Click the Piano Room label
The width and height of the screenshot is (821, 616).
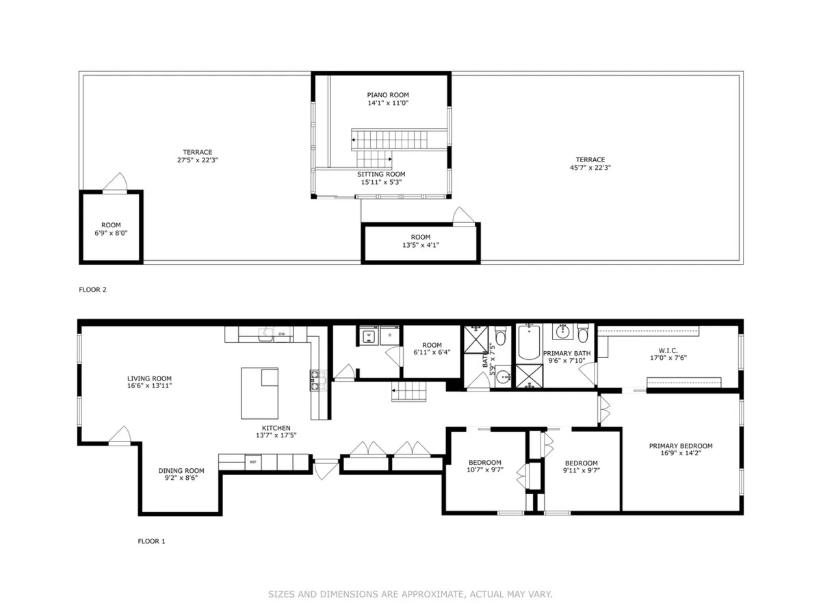(x=388, y=95)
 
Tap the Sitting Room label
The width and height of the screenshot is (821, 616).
(x=381, y=175)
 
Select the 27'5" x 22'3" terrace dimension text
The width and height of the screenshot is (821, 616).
(x=197, y=160)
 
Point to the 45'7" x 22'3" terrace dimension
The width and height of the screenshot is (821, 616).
(x=590, y=168)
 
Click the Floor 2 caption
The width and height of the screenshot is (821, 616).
(x=93, y=290)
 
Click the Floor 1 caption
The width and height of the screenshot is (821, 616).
(x=152, y=541)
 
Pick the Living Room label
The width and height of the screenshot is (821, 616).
(x=149, y=378)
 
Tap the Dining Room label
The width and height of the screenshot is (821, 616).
(x=181, y=470)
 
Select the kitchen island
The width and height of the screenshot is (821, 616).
(x=260, y=393)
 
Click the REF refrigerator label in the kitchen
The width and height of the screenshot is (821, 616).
(x=253, y=463)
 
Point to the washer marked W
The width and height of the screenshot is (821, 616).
(x=368, y=335)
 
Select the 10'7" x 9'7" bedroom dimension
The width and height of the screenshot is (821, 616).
(x=484, y=470)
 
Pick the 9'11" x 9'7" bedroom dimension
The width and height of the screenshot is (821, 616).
(x=581, y=471)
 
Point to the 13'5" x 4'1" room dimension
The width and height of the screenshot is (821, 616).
(x=421, y=245)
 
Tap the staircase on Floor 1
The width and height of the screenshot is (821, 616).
(x=408, y=393)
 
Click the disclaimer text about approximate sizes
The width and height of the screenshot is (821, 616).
(x=410, y=595)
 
